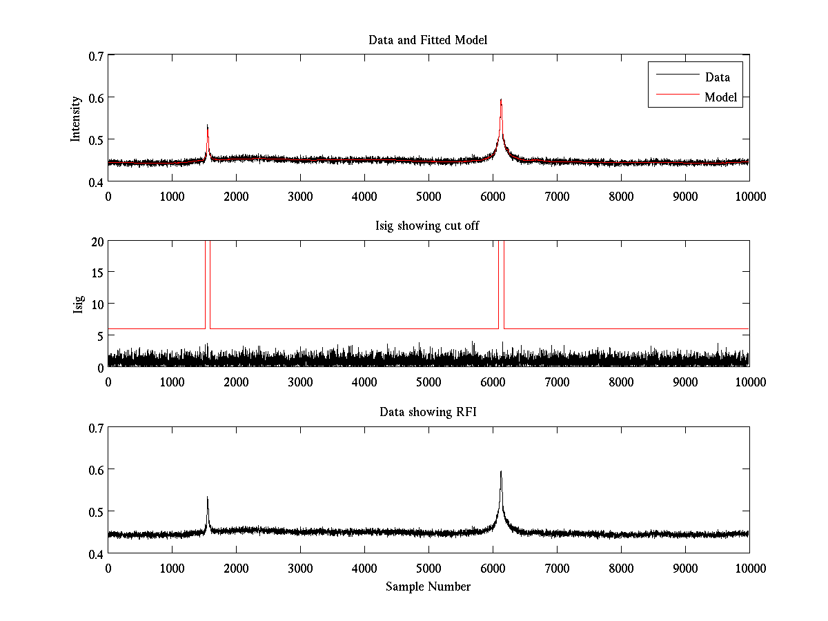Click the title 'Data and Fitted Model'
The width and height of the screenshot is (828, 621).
point(428,40)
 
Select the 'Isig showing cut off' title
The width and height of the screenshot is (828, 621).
point(428,226)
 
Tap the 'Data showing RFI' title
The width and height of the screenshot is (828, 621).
point(428,412)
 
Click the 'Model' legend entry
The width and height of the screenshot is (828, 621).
point(721,97)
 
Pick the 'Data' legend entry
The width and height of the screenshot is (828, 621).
point(718,77)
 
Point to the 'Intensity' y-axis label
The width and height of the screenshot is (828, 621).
point(76,118)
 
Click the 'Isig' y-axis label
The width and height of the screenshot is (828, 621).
point(77,304)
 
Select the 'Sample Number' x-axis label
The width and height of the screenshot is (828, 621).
point(428,586)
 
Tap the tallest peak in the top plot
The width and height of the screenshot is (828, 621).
point(501,101)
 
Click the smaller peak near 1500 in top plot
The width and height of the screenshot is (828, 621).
point(207,126)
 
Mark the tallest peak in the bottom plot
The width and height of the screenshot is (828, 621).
point(501,473)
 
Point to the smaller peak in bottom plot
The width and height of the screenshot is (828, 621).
point(207,497)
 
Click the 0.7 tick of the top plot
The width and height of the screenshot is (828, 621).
point(95,55)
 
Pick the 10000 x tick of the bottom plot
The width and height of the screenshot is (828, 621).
point(749,568)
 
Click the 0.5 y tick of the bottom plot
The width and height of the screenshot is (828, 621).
point(95,511)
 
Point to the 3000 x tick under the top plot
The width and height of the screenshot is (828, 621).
point(300,196)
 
